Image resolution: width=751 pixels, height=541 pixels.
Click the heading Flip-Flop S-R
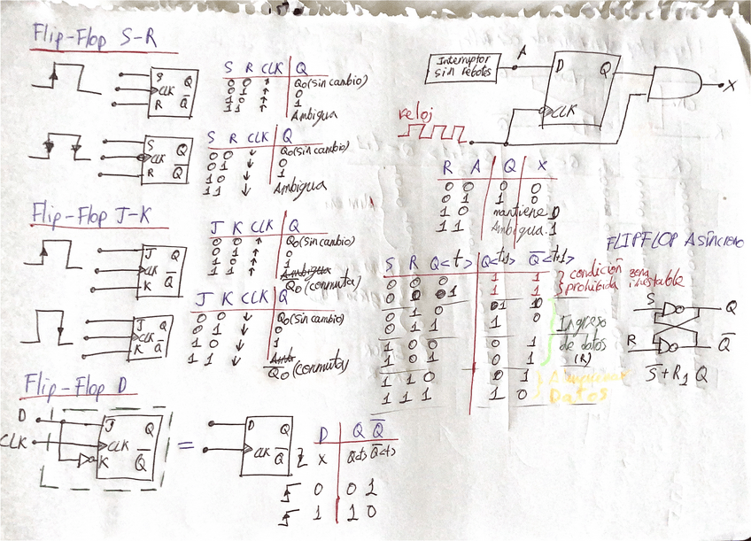(x=95, y=37)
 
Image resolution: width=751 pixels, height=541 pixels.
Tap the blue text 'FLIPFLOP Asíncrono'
(x=675, y=243)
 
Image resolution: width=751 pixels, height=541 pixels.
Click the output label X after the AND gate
(x=731, y=85)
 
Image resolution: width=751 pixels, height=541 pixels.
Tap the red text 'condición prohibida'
(x=592, y=281)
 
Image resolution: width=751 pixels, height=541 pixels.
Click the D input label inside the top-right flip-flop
(x=559, y=66)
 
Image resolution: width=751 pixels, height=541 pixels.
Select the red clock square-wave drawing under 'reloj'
(x=431, y=135)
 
